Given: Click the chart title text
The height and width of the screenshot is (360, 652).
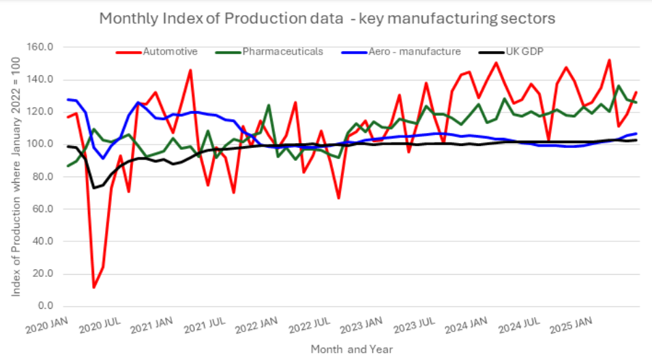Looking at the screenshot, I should [x=327, y=18].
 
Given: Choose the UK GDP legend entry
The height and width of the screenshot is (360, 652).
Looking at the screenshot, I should [x=524, y=51].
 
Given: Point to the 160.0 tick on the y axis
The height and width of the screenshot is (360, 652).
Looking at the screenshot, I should [x=43, y=47].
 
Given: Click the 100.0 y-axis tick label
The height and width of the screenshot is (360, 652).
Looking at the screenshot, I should [x=43, y=145].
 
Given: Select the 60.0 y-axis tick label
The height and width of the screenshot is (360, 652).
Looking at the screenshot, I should [x=45, y=209].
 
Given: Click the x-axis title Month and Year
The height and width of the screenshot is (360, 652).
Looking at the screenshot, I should [x=351, y=348].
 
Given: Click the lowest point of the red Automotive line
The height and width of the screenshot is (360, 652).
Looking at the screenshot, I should [x=93, y=287].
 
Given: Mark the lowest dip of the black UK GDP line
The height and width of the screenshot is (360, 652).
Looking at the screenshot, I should [x=94, y=187].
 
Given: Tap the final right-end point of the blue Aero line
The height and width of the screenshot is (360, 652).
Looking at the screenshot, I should [x=636, y=134].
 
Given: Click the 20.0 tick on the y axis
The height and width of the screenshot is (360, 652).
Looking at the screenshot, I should [x=45, y=274].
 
